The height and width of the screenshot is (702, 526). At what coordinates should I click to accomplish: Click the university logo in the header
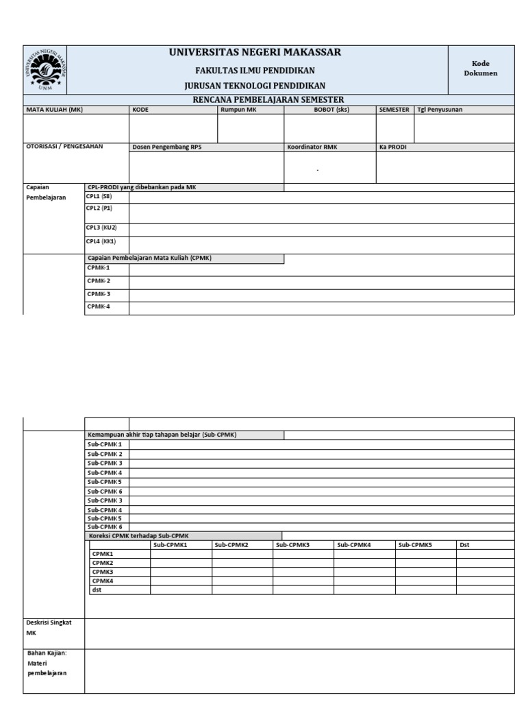(46, 70)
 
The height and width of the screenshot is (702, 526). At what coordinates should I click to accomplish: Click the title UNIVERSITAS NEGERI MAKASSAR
(255, 53)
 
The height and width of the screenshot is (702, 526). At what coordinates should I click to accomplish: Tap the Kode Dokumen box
(480, 69)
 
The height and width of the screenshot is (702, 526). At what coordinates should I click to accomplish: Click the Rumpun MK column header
(238, 109)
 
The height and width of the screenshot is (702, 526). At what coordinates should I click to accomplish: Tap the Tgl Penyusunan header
(439, 109)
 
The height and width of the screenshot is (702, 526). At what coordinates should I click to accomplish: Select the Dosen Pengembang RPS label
(166, 147)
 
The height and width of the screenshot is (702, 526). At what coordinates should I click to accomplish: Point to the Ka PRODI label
(392, 147)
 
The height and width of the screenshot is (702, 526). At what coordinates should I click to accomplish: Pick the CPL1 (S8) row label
(99, 196)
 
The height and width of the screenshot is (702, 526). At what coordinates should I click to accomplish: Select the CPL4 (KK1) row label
(101, 241)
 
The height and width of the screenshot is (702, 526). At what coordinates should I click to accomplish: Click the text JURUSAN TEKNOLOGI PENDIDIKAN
(255, 86)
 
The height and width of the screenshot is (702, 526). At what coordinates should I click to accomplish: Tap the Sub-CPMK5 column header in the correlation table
(415, 545)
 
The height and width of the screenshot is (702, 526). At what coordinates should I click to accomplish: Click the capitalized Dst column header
(464, 545)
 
